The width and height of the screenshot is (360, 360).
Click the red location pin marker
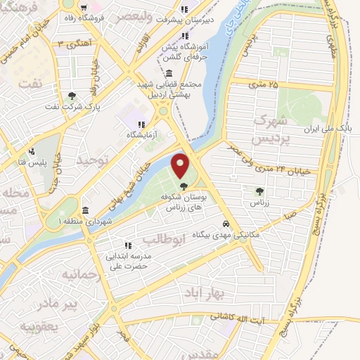click(181, 166)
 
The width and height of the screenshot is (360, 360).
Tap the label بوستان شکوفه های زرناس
click(176, 203)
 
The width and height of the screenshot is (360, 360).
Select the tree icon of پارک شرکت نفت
click(72, 97)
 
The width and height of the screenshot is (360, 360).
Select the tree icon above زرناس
click(260, 190)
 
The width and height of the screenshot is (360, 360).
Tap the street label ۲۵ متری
click(264, 85)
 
